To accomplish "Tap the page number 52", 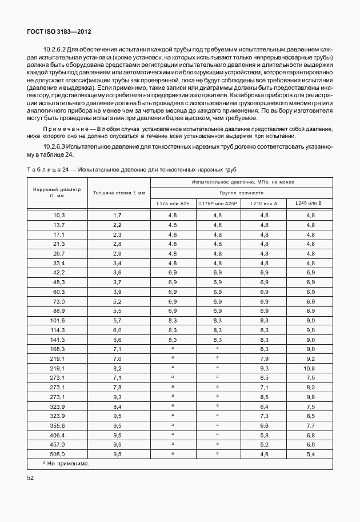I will click(x=30, y=477).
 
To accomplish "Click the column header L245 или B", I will click(x=309, y=204).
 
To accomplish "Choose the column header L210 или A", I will click(x=264, y=204).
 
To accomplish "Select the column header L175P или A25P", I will click(x=218, y=204).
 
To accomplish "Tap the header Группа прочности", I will click(x=241, y=193).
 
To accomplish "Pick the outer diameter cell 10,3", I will click(x=59, y=215).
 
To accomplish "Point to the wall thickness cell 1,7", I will click(x=117, y=215).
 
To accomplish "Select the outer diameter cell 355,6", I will click(x=59, y=426).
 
